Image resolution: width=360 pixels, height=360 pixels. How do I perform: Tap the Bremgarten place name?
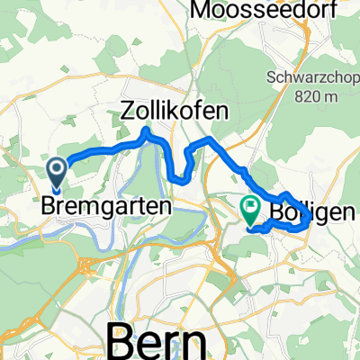(x=106, y=206)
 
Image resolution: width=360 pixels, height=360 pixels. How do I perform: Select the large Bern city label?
(x=162, y=340)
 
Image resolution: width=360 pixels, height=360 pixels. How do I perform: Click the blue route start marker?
(x=57, y=172)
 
